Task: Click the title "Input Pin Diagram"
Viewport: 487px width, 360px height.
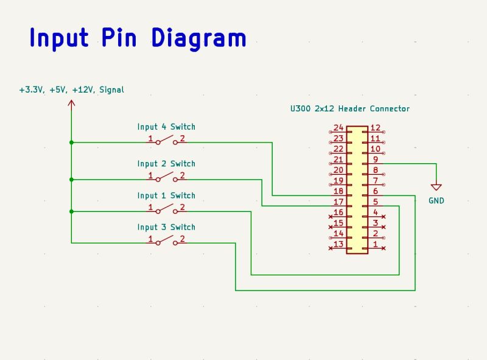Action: [x=138, y=38]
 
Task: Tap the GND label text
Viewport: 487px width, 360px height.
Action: [x=436, y=200]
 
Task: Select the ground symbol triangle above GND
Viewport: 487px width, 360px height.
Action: [x=436, y=187]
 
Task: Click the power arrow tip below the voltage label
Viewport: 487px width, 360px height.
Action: [x=71, y=103]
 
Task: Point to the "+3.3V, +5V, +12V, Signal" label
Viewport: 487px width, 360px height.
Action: [x=71, y=90]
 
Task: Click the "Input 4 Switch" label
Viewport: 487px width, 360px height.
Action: [x=166, y=127]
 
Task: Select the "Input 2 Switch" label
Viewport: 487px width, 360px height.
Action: [x=166, y=163]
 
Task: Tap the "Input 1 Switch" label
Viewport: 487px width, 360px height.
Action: [x=166, y=196]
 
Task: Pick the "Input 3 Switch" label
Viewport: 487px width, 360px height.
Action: [x=166, y=227]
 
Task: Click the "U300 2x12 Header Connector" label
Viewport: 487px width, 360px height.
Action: [x=350, y=108]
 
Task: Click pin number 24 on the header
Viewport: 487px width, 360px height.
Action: [x=338, y=128]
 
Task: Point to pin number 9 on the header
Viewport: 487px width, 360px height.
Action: [x=376, y=160]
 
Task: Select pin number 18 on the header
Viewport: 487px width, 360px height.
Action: [x=338, y=191]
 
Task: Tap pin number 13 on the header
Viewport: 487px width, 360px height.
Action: [x=338, y=244]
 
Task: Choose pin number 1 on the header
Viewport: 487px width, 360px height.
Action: [x=376, y=244]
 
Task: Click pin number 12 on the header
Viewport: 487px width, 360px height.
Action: [x=376, y=128]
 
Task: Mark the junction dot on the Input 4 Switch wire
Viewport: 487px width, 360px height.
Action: [x=71, y=143]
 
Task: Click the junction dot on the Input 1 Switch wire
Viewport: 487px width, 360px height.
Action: [x=71, y=211]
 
